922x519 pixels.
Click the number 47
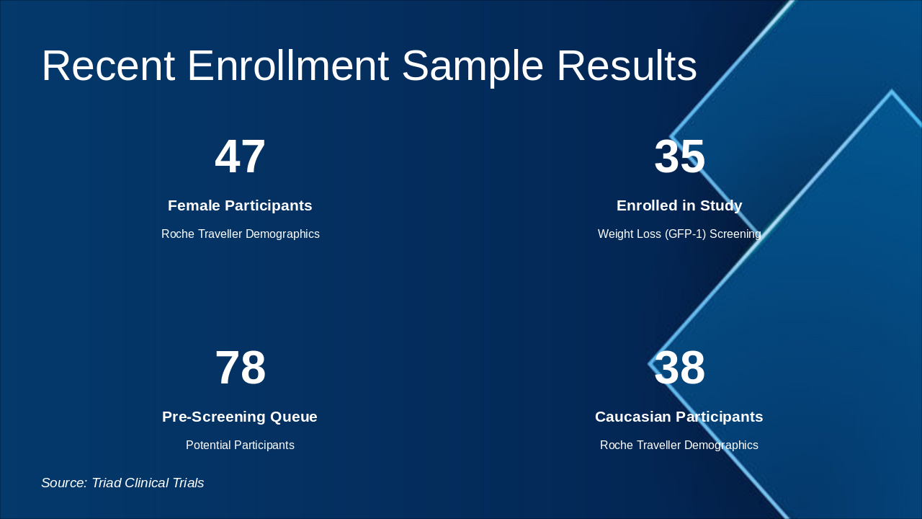coord(240,157)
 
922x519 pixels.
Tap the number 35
coord(679,157)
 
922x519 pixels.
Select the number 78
coord(240,368)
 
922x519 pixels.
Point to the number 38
coord(679,368)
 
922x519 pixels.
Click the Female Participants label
coord(240,205)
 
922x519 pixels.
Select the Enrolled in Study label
coord(679,205)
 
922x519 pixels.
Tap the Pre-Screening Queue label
coord(240,417)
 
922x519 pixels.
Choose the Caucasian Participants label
coord(679,417)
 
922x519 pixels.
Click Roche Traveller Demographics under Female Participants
coord(240,234)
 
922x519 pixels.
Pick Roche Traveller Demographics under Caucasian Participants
coord(679,445)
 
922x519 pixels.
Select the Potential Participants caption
coord(240,445)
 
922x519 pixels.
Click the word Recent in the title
coord(108,66)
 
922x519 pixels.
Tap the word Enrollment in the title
coord(288,66)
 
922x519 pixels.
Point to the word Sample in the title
coord(472,66)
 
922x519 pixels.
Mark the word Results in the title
coord(627,66)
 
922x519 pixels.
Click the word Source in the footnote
coord(64,483)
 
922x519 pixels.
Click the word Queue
coord(293,417)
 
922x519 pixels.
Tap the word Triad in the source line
coord(107,483)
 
